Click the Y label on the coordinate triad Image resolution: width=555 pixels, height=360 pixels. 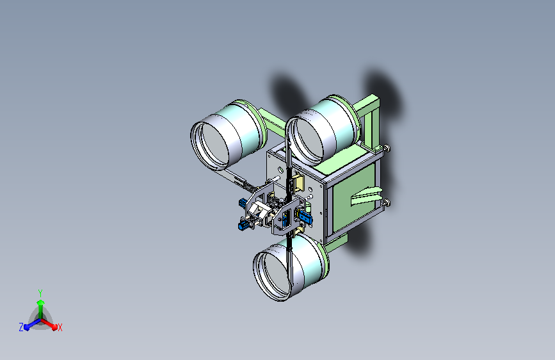tap(40, 293)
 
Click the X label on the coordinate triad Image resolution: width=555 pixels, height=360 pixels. tap(60, 327)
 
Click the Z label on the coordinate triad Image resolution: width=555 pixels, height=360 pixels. tap(21, 327)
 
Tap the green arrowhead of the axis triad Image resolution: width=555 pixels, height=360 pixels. tap(41, 302)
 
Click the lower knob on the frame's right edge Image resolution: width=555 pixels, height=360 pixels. tap(386, 202)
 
